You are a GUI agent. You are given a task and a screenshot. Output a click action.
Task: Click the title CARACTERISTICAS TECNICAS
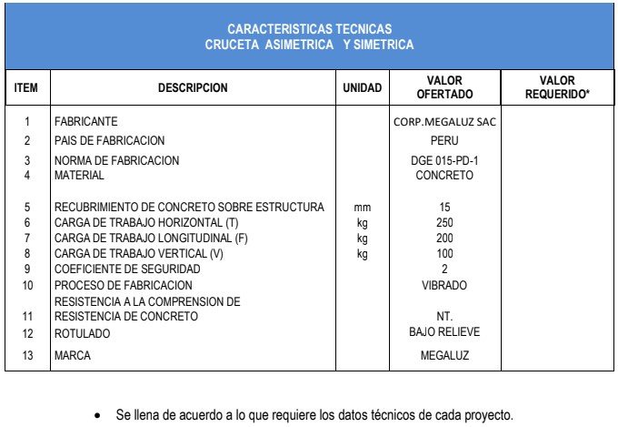tap(309, 30)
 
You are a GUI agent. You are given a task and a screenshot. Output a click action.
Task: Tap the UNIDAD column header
tap(363, 88)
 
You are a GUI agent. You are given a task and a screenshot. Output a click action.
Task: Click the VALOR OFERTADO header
tap(444, 87)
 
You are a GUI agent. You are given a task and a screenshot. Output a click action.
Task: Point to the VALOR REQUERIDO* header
tap(557, 87)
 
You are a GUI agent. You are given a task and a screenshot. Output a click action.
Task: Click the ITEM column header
tap(26, 88)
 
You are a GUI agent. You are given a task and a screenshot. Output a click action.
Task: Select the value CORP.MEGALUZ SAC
tap(444, 121)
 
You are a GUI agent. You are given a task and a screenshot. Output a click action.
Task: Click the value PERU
tap(444, 141)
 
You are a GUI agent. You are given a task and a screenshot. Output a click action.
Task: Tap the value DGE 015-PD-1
tap(444, 160)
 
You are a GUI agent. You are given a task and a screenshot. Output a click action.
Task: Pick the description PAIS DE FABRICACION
tap(110, 141)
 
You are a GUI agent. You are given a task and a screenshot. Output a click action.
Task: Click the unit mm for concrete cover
tap(363, 208)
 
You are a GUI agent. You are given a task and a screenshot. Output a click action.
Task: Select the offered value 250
tap(444, 223)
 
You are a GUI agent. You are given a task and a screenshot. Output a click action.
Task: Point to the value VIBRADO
tap(444, 285)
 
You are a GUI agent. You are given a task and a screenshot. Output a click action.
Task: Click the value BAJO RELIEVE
tap(444, 332)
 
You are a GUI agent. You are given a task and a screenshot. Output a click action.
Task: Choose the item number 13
tap(26, 356)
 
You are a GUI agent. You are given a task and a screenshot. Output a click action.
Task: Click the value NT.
tap(444, 316)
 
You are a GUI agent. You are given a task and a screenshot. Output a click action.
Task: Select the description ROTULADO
tap(82, 334)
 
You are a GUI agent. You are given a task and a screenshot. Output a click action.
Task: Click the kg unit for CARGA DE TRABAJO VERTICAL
tap(363, 254)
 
